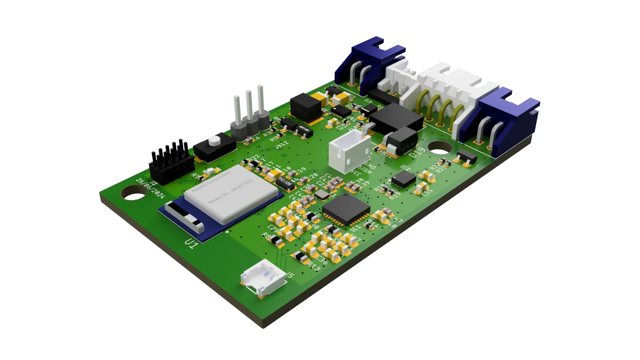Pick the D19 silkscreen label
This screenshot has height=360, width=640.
coord(417,153)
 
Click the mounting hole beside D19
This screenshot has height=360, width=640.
coord(439,147)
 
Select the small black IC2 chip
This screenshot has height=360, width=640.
coord(404,180)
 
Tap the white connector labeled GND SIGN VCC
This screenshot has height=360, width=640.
coord(349,150)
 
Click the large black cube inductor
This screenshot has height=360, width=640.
coord(306,107)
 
